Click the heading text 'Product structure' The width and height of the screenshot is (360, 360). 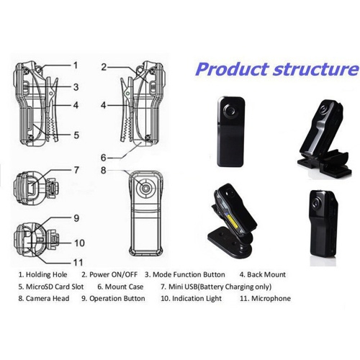coord(277,69)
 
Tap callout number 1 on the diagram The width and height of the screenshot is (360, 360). coord(76,65)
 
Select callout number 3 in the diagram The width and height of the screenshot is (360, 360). coord(76,87)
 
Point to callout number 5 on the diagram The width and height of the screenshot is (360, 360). coord(76,135)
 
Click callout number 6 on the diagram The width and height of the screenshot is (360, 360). coord(104,158)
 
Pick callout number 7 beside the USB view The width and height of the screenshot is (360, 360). coord(76,170)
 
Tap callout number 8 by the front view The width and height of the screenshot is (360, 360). coord(104,171)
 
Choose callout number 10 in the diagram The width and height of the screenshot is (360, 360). coord(79,243)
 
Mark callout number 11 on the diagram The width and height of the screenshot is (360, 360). coord(78,262)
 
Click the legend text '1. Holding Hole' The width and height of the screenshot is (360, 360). coord(42,274)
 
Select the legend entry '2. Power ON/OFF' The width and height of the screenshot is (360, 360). coord(109,274)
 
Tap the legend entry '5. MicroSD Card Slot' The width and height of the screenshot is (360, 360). coord(51,287)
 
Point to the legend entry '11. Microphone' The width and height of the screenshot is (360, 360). coord(265,298)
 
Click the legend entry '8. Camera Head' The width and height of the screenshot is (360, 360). coord(44,298)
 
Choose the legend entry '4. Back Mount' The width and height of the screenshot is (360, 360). coord(263,274)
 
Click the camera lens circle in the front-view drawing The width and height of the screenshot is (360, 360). coord(145,188)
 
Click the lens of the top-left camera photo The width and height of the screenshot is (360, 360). coord(230,111)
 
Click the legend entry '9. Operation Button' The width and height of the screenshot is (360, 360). coord(113,298)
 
